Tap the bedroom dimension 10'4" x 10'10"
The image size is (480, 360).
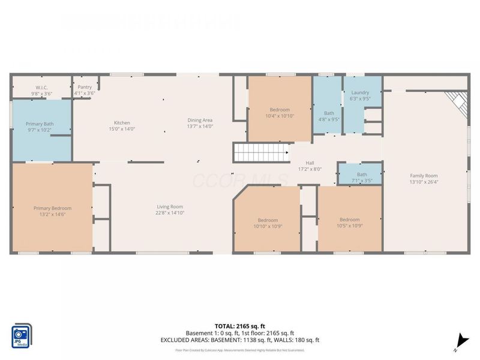coord(280,116)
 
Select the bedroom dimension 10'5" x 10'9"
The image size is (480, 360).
coord(349,227)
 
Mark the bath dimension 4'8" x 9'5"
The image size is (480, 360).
coord(329,119)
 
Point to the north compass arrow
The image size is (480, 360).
coord(459,340)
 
